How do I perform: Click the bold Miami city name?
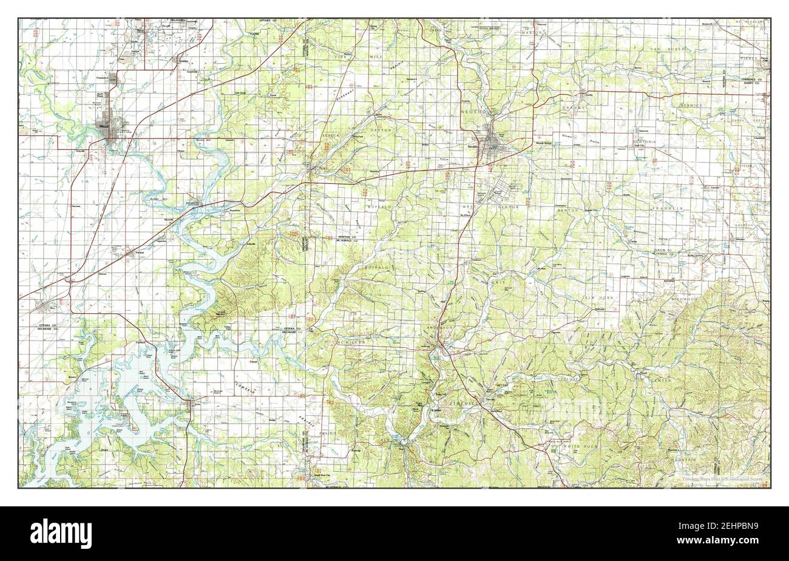tap(101, 126)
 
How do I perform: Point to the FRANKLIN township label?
tap(668, 208)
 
